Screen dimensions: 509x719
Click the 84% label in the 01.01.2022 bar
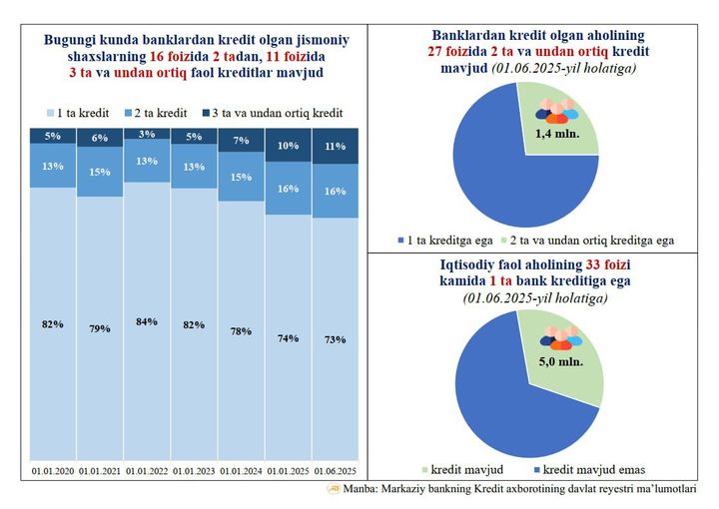(x=147, y=320)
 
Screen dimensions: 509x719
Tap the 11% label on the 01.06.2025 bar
(x=336, y=146)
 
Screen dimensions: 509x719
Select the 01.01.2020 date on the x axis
(x=52, y=470)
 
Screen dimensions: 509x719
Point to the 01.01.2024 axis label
(x=242, y=470)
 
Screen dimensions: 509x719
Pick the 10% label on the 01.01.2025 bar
(x=289, y=146)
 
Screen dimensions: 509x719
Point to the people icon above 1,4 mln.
(x=556, y=112)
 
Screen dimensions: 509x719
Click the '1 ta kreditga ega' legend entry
(x=452, y=241)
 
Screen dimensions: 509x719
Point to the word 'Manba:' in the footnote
(x=362, y=489)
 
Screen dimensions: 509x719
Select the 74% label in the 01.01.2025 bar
(x=289, y=337)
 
